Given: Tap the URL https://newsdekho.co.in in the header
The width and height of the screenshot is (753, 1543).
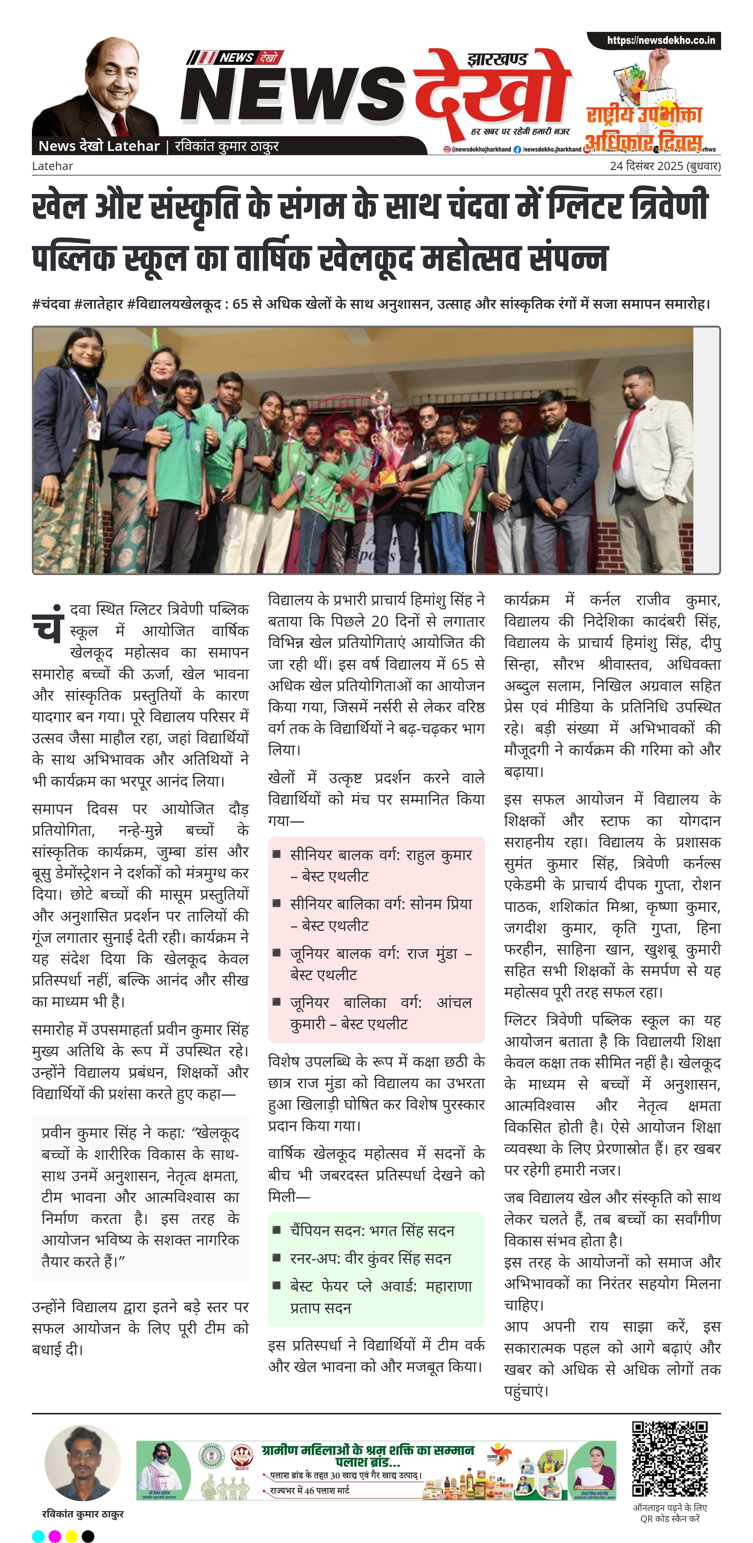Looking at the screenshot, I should pos(661,41).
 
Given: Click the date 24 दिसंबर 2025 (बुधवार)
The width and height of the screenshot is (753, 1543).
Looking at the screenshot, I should pos(665,166).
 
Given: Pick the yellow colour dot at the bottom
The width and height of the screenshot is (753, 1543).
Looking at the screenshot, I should pos(71,1536).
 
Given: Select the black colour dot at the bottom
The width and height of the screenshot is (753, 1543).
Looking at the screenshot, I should pos(88,1536).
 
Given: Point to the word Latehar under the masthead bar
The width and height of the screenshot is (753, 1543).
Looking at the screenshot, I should pos(52,166).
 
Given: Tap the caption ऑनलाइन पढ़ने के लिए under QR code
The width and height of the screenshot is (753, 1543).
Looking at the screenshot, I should pos(670,1508).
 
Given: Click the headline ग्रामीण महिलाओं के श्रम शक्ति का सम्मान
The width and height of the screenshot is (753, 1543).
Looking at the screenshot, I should pos(368,1450).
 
